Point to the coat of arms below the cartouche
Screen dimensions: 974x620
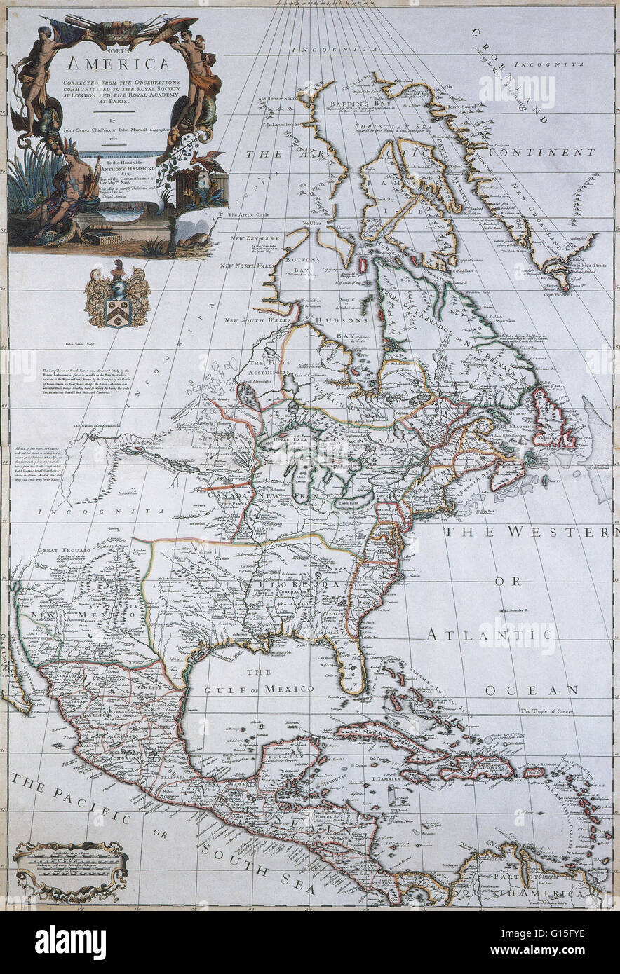[117, 294]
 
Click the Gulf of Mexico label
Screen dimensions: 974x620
[257, 690]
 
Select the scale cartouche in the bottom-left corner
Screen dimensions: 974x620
[70, 870]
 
